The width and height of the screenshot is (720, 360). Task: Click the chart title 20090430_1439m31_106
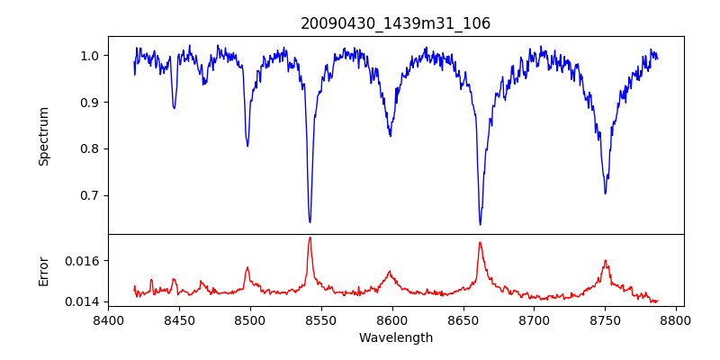[395, 23]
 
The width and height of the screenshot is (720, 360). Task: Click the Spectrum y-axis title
[43, 136]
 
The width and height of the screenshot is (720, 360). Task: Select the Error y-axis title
[43, 271]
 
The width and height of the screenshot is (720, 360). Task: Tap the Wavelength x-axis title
[395, 338]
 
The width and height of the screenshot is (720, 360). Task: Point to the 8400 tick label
[108, 320]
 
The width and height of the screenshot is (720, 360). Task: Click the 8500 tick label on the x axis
[250, 320]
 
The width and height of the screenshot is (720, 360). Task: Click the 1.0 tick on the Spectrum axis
[89, 56]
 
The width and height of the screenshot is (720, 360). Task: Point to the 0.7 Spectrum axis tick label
[89, 195]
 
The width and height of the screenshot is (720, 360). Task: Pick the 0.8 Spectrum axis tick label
[89, 149]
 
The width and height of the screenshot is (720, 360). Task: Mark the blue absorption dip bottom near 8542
[310, 221]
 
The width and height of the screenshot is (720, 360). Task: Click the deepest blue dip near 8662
[480, 224]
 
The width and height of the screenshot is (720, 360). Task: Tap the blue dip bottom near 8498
[247, 146]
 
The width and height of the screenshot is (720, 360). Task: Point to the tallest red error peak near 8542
[310, 238]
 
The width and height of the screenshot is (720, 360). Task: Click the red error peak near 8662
[480, 242]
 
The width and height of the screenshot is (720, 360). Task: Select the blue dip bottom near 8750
[605, 193]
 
